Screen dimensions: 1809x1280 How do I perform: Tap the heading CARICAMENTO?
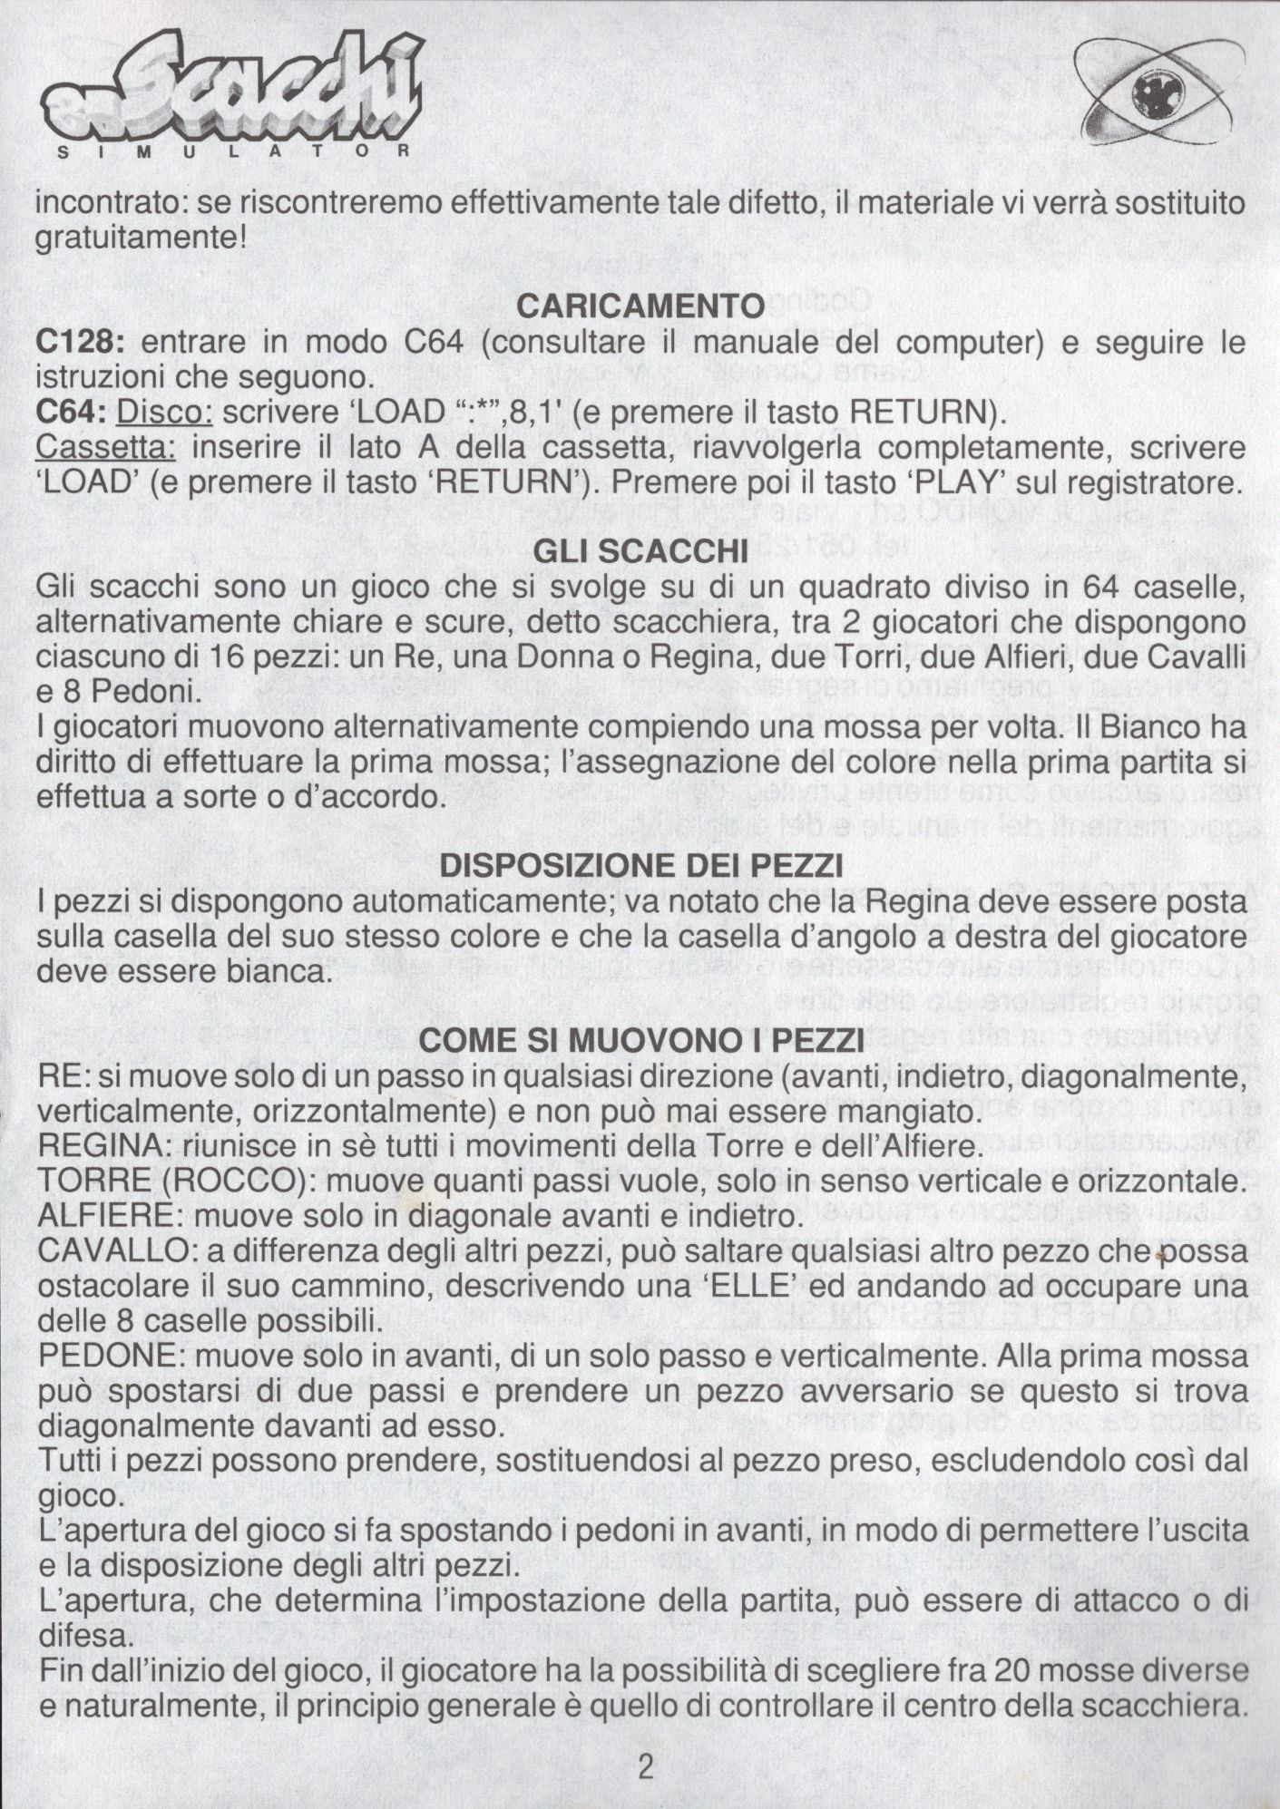pyautogui.click(x=640, y=306)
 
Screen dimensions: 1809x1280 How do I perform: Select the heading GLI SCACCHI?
pyautogui.click(x=640, y=550)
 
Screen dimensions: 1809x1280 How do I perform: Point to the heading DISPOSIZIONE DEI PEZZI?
pyautogui.click(x=640, y=866)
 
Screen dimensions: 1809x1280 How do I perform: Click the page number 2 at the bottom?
pyautogui.click(x=645, y=1765)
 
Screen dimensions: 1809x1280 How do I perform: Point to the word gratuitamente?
pyautogui.click(x=141, y=239)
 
